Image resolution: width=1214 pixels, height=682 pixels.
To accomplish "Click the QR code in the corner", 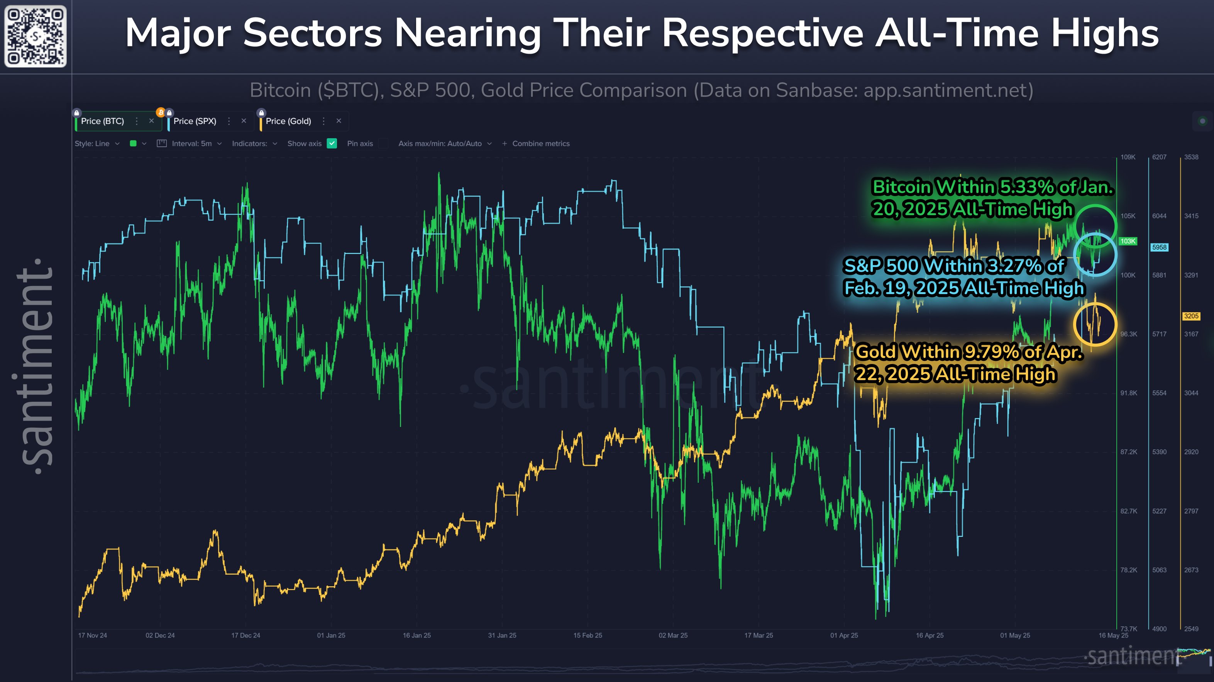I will coord(36,36).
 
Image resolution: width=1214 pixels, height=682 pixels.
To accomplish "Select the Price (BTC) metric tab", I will coord(102,121).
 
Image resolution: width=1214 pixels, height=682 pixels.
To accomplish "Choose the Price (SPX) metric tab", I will coord(195,121).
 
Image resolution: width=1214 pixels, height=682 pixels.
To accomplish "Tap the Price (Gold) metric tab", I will coord(288,121).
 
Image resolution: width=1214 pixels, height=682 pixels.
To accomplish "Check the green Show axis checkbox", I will coord(332,144).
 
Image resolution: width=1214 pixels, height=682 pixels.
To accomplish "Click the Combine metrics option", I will coord(540,144).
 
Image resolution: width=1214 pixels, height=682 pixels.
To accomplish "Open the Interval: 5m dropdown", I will coord(191,144).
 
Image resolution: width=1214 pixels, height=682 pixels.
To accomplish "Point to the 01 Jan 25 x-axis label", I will coord(331,635).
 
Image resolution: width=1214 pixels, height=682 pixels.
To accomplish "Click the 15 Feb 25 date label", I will coord(587,635).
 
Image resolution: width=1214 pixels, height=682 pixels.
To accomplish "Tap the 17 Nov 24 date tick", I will coord(92,635).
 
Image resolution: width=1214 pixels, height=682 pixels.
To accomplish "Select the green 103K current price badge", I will coord(1128,241).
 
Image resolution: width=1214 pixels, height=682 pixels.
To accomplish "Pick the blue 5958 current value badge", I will coord(1159,247).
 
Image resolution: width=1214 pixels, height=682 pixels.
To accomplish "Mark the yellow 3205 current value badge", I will coord(1191,316).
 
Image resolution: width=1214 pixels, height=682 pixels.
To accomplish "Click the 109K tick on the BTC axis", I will coord(1128,157).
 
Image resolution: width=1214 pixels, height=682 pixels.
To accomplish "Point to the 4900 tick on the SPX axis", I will coord(1159,629).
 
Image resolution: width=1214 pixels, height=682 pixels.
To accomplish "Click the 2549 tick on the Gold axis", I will coord(1191,629).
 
